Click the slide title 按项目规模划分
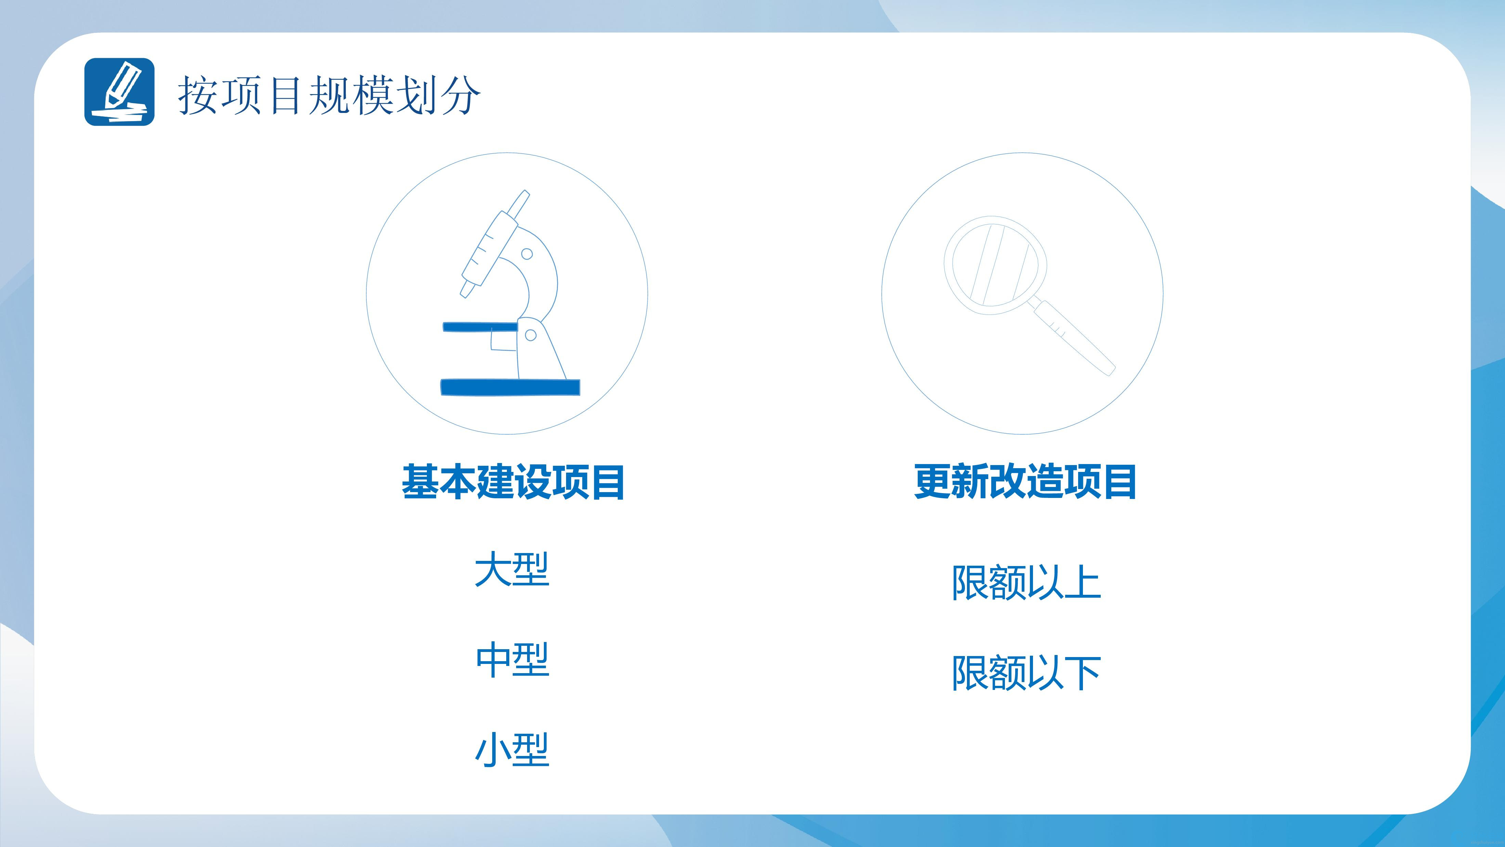click(329, 95)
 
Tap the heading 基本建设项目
click(513, 482)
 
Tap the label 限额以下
click(1026, 673)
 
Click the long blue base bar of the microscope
click(510, 387)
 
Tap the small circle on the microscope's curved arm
click(527, 254)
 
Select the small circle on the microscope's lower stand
click(531, 335)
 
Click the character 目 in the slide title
click(285, 95)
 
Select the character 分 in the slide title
click(459, 95)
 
